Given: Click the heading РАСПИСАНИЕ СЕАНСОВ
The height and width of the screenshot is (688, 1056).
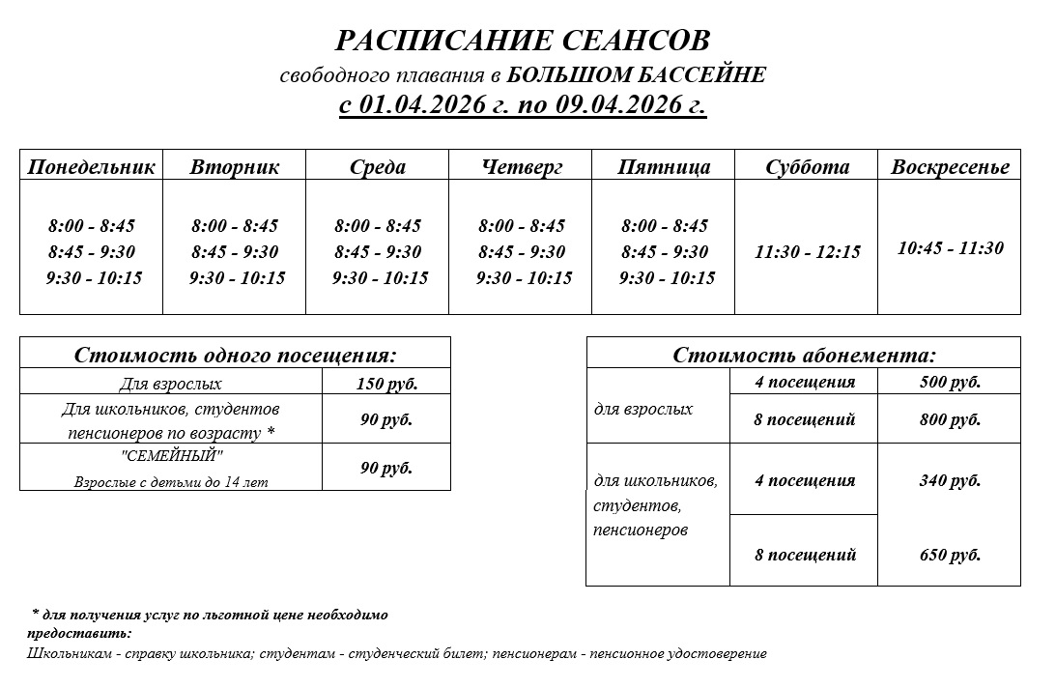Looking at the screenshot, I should point(523,41).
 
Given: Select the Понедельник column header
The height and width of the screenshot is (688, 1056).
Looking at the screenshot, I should point(91,167).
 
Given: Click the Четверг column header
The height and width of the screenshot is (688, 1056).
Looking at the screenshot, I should point(522,167).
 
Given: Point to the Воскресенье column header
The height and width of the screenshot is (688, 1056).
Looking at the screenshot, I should point(950,167).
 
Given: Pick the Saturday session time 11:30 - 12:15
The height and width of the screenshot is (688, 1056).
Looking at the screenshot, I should point(807,252).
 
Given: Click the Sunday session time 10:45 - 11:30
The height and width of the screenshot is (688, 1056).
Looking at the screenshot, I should point(951,247).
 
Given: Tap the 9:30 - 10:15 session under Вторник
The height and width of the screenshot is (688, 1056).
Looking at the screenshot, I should point(238,278).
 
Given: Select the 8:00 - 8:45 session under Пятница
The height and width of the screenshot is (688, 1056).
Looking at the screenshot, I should point(665,226).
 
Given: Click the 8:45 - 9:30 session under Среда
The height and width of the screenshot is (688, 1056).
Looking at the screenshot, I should point(378,252).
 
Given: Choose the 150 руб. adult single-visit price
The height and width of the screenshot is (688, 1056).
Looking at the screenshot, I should point(386,384).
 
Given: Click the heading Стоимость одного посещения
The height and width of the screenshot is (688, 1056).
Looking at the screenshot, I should point(236,355).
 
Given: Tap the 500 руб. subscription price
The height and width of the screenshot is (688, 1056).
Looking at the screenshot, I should point(950,382).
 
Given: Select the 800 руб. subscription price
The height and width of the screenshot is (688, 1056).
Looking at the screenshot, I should point(950,420).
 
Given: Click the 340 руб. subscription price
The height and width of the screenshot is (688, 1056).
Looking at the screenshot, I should point(950,480).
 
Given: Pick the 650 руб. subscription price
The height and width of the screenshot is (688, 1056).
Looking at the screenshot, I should point(950,555).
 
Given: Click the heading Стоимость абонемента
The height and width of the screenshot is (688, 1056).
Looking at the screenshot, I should point(804,355).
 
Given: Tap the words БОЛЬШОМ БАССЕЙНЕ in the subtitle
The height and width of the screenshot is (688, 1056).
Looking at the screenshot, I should point(636,74).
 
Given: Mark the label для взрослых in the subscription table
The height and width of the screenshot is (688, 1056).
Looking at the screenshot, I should point(643,409).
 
